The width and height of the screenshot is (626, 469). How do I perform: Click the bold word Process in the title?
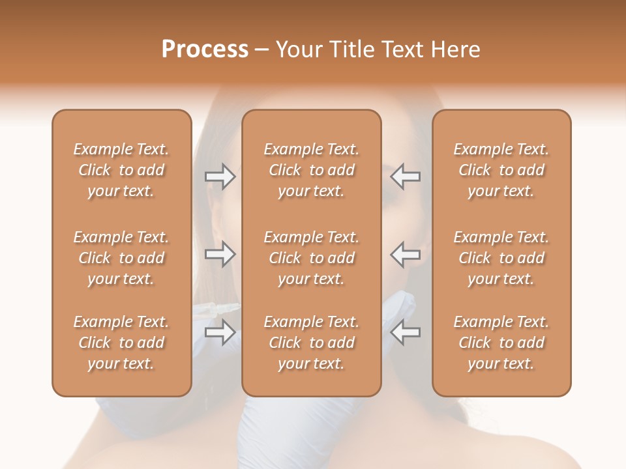click(205, 50)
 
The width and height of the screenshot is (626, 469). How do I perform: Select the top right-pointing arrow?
click(220, 177)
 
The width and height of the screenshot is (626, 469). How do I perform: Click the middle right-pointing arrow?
click(220, 254)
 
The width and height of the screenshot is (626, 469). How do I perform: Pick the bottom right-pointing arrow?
click(220, 332)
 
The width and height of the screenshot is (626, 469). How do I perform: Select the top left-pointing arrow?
click(406, 177)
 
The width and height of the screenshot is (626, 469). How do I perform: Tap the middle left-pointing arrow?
click(406, 254)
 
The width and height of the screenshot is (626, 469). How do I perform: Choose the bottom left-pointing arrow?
click(406, 332)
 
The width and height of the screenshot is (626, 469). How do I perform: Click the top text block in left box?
click(121, 170)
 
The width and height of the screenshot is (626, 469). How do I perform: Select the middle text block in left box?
click(121, 258)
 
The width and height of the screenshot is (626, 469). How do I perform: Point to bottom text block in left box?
click(121, 343)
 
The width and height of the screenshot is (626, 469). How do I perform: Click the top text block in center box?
click(311, 170)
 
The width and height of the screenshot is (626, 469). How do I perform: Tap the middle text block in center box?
click(311, 258)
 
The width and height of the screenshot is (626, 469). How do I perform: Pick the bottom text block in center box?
click(311, 343)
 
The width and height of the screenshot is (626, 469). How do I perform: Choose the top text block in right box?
click(501, 170)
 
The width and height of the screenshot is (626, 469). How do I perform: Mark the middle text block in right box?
click(501, 258)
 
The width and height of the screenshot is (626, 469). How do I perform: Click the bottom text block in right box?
click(501, 343)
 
